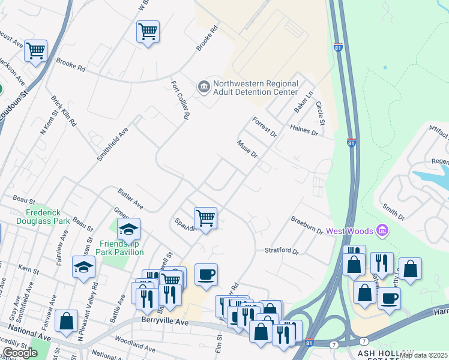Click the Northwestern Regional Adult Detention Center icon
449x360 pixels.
[x=204, y=88]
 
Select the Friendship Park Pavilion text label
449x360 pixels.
[x=122, y=247]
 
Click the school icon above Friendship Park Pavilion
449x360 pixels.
[x=128, y=229]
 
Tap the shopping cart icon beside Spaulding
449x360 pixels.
[x=205, y=218]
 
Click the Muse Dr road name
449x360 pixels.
[x=247, y=149]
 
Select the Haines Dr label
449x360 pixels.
[x=303, y=129]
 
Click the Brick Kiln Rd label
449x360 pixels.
[x=64, y=111]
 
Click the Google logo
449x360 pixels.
[x=19, y=353]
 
